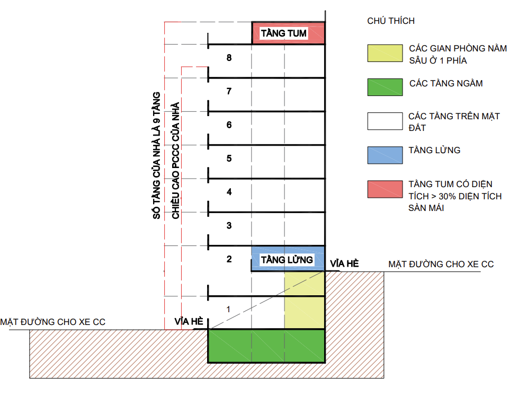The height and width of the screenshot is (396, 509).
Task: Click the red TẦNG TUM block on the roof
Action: [288, 33]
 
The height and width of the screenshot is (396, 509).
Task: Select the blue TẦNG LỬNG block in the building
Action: [288, 259]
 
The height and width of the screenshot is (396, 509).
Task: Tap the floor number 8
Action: [229, 58]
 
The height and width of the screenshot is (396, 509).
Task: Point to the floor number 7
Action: [229, 92]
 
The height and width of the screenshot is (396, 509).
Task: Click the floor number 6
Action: [229, 125]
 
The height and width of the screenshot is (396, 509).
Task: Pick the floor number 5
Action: [229, 159]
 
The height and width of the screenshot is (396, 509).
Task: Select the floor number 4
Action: [229, 192]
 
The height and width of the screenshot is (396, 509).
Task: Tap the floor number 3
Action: [229, 226]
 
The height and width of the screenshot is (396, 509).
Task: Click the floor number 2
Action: [229, 259]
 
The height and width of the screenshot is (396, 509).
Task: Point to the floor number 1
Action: [229, 309]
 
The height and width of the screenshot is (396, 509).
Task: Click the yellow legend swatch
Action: [385, 54]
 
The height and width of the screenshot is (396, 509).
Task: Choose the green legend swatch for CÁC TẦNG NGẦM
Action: [385, 87]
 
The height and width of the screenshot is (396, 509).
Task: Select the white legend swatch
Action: [385, 120]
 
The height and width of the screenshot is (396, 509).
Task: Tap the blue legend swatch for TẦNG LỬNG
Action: [385, 154]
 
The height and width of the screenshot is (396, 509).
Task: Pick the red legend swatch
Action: [385, 189]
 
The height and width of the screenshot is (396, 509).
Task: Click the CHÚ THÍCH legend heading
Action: [390, 21]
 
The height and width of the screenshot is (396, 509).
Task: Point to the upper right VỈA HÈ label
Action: [344, 263]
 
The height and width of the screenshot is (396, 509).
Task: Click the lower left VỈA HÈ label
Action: [189, 322]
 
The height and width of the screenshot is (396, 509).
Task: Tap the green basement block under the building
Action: [266, 346]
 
